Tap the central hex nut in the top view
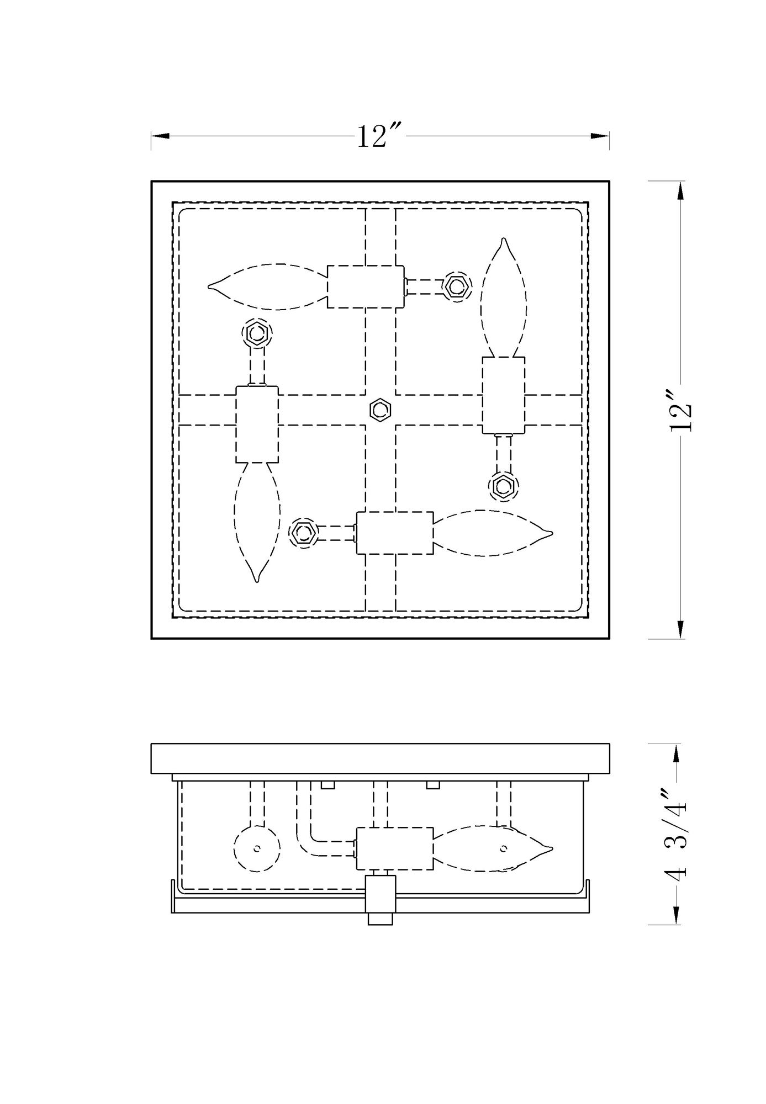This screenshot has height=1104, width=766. (379, 410)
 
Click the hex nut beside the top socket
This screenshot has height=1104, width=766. (458, 286)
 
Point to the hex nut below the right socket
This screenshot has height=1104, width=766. (503, 486)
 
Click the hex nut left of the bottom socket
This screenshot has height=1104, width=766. (303, 533)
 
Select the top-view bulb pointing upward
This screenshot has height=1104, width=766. (503, 298)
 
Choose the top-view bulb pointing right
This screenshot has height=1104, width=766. (492, 533)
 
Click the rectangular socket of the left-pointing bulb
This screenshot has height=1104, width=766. (366, 286)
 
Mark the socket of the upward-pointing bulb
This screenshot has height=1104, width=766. (503, 395)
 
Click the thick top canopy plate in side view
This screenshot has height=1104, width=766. (380, 758)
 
